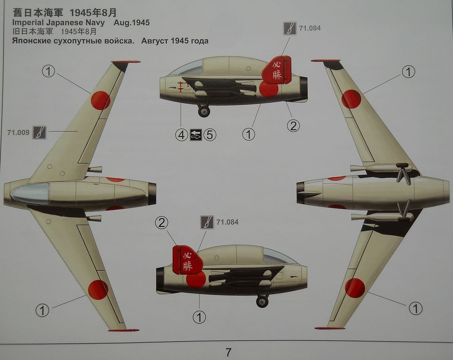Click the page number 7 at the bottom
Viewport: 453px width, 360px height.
228,352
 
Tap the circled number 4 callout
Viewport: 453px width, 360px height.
181,134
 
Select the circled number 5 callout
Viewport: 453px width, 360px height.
210,134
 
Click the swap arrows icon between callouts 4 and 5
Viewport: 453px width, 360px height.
196,134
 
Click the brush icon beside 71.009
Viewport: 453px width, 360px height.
39,132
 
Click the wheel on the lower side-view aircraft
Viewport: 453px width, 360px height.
262,302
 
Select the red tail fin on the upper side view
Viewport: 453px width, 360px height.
277,70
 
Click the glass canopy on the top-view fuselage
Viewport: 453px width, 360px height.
30,193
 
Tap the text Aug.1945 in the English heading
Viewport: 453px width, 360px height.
131,23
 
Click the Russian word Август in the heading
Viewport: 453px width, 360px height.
157,41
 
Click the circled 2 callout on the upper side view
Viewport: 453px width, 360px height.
293,126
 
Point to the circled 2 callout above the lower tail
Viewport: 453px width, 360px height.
162,223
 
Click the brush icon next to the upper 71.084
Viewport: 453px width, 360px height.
289,28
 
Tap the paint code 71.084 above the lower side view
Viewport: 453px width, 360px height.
227,222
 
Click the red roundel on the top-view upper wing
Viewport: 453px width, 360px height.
100,100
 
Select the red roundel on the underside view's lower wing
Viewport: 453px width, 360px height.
355,287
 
